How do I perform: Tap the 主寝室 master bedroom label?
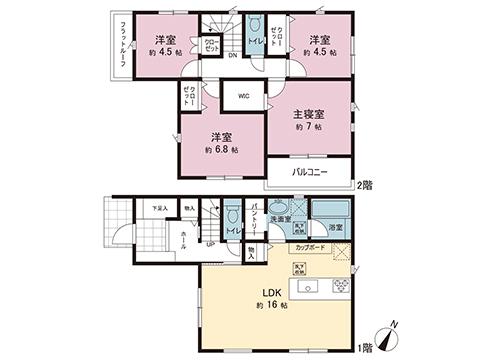coord(308,113)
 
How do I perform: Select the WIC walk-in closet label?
coord(243,96)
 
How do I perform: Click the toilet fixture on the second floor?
coord(255,28)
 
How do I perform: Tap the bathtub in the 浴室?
coord(329,209)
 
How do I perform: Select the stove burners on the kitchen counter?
coord(339,287)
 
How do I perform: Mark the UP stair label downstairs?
coord(211,242)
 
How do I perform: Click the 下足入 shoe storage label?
coord(159,207)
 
